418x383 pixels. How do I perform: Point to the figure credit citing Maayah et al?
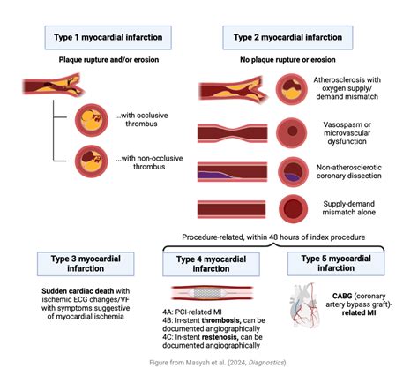point(208,362)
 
